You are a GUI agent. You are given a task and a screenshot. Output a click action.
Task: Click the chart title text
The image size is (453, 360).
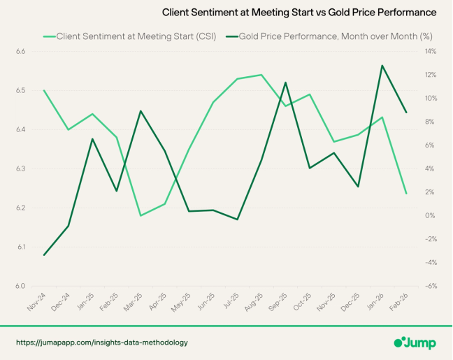(299, 13)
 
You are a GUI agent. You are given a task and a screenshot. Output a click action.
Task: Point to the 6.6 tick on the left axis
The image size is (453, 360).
(20, 52)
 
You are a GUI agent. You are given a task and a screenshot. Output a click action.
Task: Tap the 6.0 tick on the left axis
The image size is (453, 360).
(20, 286)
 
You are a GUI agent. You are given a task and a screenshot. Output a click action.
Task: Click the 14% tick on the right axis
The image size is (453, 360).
(431, 52)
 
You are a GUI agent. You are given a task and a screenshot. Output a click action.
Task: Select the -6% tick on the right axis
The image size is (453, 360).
(431, 286)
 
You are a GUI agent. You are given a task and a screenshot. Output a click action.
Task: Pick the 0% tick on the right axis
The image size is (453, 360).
(431, 215)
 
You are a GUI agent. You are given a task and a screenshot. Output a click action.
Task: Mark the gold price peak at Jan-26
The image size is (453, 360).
(382, 66)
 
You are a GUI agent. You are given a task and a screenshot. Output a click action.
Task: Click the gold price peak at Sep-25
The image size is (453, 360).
(285, 82)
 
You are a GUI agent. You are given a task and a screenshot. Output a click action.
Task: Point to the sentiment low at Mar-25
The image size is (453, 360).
(141, 215)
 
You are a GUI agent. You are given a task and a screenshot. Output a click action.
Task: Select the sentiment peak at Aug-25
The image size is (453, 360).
(261, 75)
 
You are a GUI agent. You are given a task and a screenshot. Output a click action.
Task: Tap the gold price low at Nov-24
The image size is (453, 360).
(44, 254)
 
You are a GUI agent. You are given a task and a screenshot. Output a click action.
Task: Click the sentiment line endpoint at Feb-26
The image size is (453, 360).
(406, 193)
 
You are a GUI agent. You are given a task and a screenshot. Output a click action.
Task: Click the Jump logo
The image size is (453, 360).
(416, 343)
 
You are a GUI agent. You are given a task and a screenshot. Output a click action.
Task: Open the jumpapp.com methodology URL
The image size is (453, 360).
(102, 343)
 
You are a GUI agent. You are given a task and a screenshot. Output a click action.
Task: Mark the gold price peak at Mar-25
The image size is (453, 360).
(141, 111)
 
